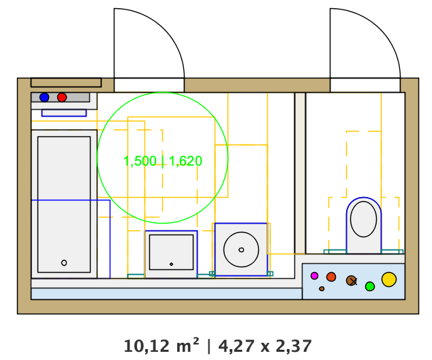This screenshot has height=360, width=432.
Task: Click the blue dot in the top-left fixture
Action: [x=44, y=97]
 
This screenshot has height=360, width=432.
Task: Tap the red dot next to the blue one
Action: [x=62, y=97]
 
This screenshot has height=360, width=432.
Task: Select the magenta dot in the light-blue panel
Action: [x=314, y=275]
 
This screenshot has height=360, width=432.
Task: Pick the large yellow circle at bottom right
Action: [x=389, y=279]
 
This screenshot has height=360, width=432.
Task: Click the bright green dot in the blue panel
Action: [x=370, y=286]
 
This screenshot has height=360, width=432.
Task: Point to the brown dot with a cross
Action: [x=352, y=280]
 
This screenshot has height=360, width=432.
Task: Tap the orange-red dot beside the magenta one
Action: [x=331, y=277]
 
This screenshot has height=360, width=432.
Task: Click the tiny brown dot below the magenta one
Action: [x=322, y=288]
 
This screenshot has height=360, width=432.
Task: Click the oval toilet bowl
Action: [x=364, y=219]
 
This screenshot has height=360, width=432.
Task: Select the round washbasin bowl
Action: [x=241, y=250]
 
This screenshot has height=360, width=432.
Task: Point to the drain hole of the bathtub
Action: [x=64, y=262]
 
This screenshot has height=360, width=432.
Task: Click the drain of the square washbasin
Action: [x=171, y=264]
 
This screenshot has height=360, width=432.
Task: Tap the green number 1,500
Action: [x=140, y=161]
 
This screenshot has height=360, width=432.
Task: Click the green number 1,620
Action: [x=186, y=161]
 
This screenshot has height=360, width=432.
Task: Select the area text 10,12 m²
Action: [x=162, y=346]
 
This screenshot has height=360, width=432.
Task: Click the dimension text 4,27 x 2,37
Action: [x=265, y=346]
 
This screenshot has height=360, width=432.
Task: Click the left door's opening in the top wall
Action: [x=149, y=85]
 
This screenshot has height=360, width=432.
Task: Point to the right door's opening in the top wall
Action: [x=365, y=85]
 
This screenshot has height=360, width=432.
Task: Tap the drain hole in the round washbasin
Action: [x=241, y=250]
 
